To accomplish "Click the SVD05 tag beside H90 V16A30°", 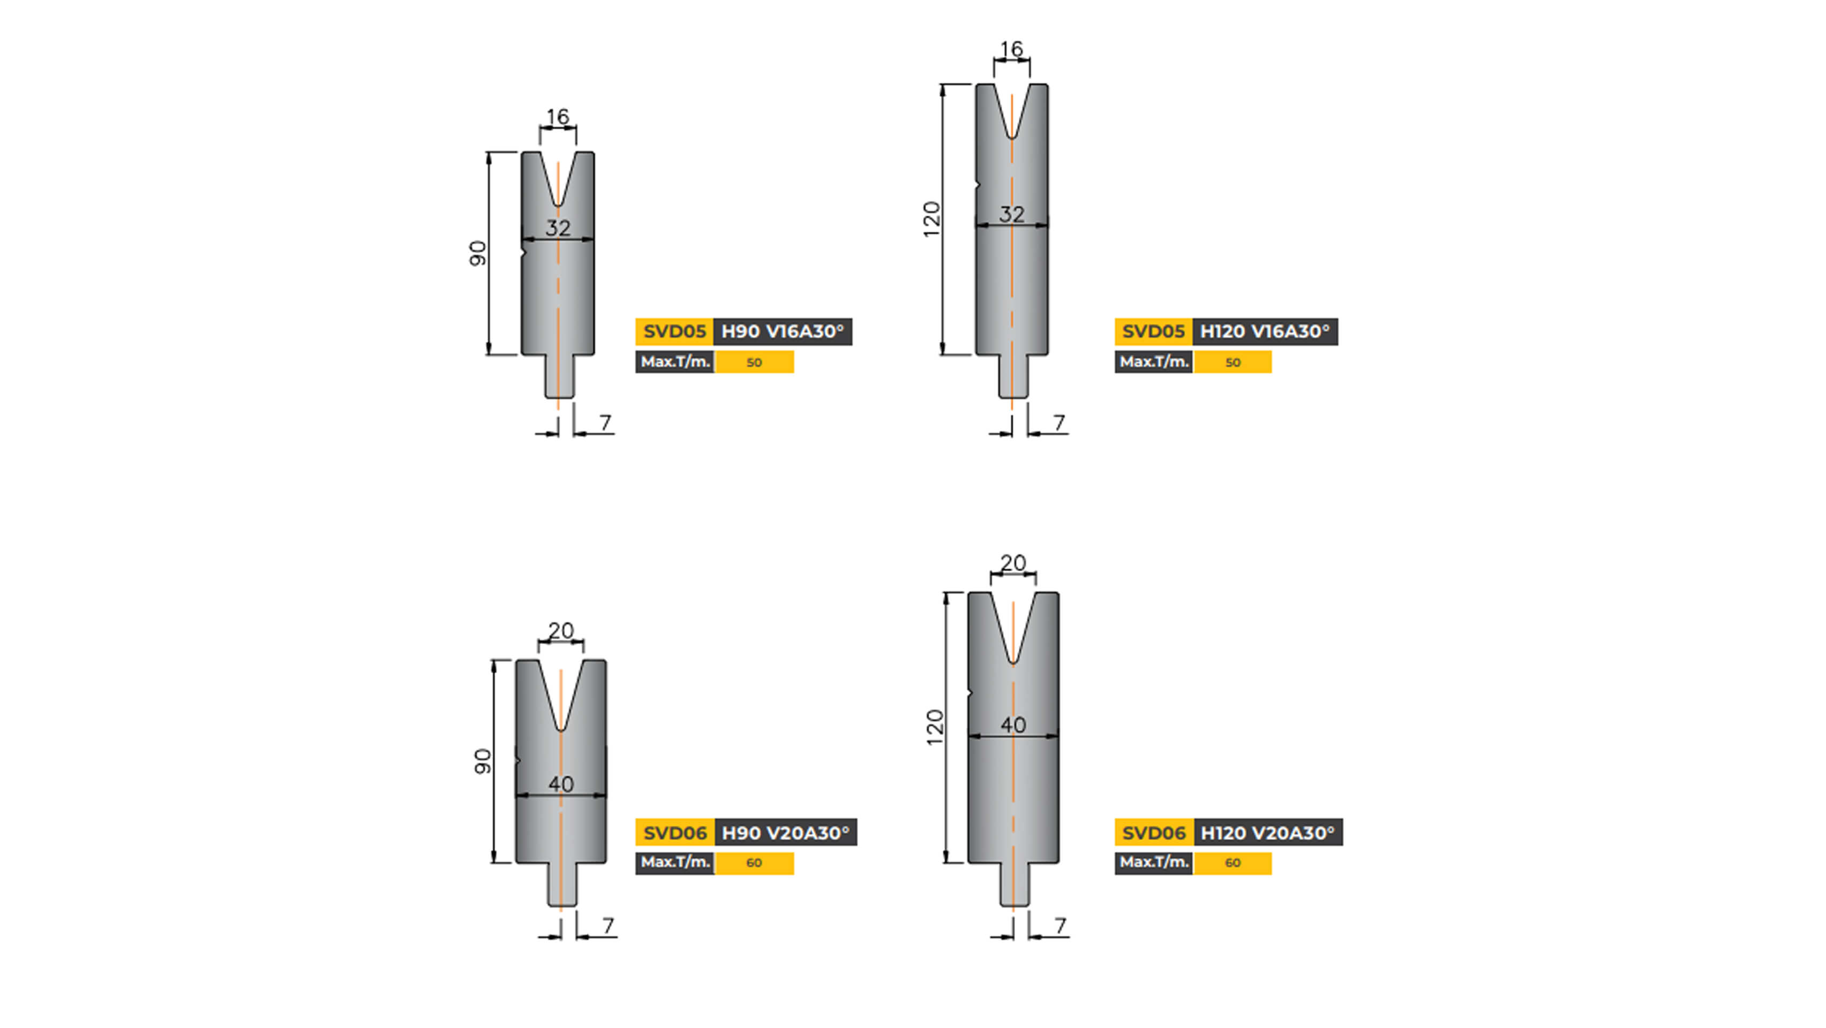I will tap(674, 331).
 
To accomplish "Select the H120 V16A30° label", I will tap(1265, 331).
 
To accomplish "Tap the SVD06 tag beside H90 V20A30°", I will tap(674, 833).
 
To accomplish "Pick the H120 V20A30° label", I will tap(1267, 833).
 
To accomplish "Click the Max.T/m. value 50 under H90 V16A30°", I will tap(754, 362).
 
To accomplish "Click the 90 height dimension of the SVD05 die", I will tap(478, 253).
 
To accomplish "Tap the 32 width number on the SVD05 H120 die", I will tap(1011, 214).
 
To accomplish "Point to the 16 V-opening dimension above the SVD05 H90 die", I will tap(558, 117).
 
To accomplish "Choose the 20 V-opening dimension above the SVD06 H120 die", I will tap(1013, 563).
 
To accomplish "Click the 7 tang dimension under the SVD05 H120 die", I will tap(1059, 423).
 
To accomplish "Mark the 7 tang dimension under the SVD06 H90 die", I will tap(607, 926).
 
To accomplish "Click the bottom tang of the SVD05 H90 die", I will tap(559, 377).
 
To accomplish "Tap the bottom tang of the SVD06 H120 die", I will tap(1013, 886).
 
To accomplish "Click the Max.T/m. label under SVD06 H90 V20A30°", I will tap(675, 862).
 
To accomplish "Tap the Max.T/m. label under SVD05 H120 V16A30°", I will tap(1154, 362).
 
